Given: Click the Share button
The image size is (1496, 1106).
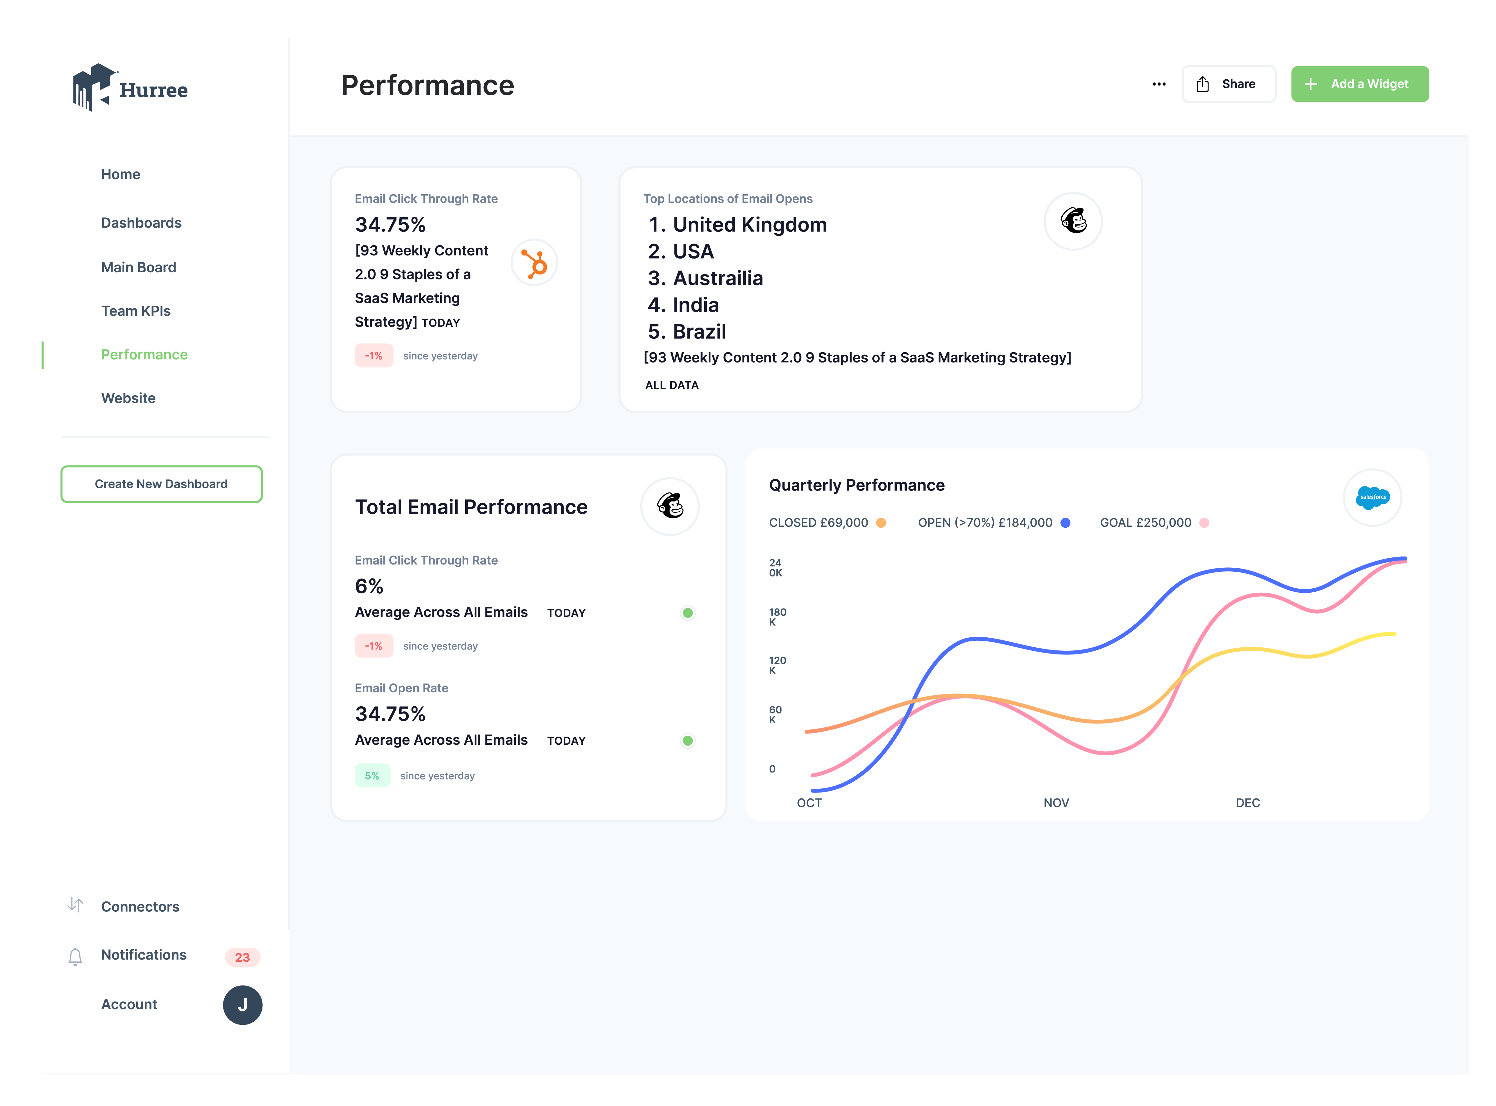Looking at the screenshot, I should pos(1228,84).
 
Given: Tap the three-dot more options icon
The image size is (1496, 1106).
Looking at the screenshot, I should pos(1158,84).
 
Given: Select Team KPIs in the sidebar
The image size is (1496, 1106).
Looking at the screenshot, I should pos(136,311).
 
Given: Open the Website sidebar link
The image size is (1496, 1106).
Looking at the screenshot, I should pos(128,398).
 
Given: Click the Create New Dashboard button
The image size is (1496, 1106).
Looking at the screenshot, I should pos(162,484).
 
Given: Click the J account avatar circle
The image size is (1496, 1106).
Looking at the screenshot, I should pos(242,1005).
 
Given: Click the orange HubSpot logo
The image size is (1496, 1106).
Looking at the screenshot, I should pos(535,263).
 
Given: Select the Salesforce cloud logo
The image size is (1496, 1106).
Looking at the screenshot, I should pos(1372,497).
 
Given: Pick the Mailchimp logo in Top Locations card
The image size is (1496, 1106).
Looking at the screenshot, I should pos(1073,221).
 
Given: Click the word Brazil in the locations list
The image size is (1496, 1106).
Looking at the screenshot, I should pos(700,332).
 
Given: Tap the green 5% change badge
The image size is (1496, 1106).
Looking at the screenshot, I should pos(372,776).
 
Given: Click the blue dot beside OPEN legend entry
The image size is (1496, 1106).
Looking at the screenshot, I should pos(1065,523).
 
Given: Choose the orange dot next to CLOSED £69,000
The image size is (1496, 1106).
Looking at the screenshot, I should pos(881,523).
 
